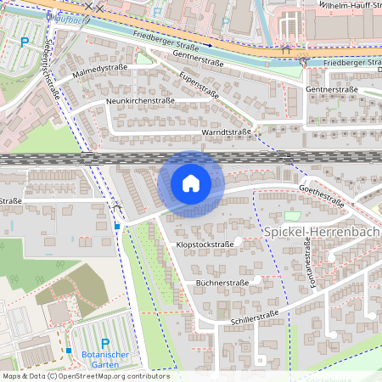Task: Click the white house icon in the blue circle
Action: point(191,183)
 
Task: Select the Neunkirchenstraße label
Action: point(140,100)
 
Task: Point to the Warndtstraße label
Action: point(226,132)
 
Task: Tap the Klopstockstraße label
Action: point(205,244)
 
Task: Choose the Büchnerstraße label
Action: point(222,282)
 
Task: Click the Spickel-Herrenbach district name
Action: point(322,231)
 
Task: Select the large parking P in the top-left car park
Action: point(25,40)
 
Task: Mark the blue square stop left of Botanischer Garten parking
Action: point(68,350)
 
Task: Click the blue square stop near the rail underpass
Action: point(117,227)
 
